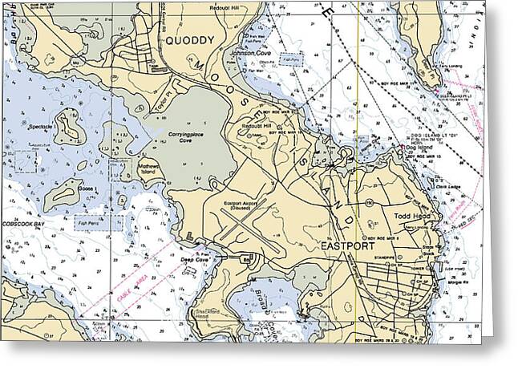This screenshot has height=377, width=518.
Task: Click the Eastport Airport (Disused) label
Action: point(242,205)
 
